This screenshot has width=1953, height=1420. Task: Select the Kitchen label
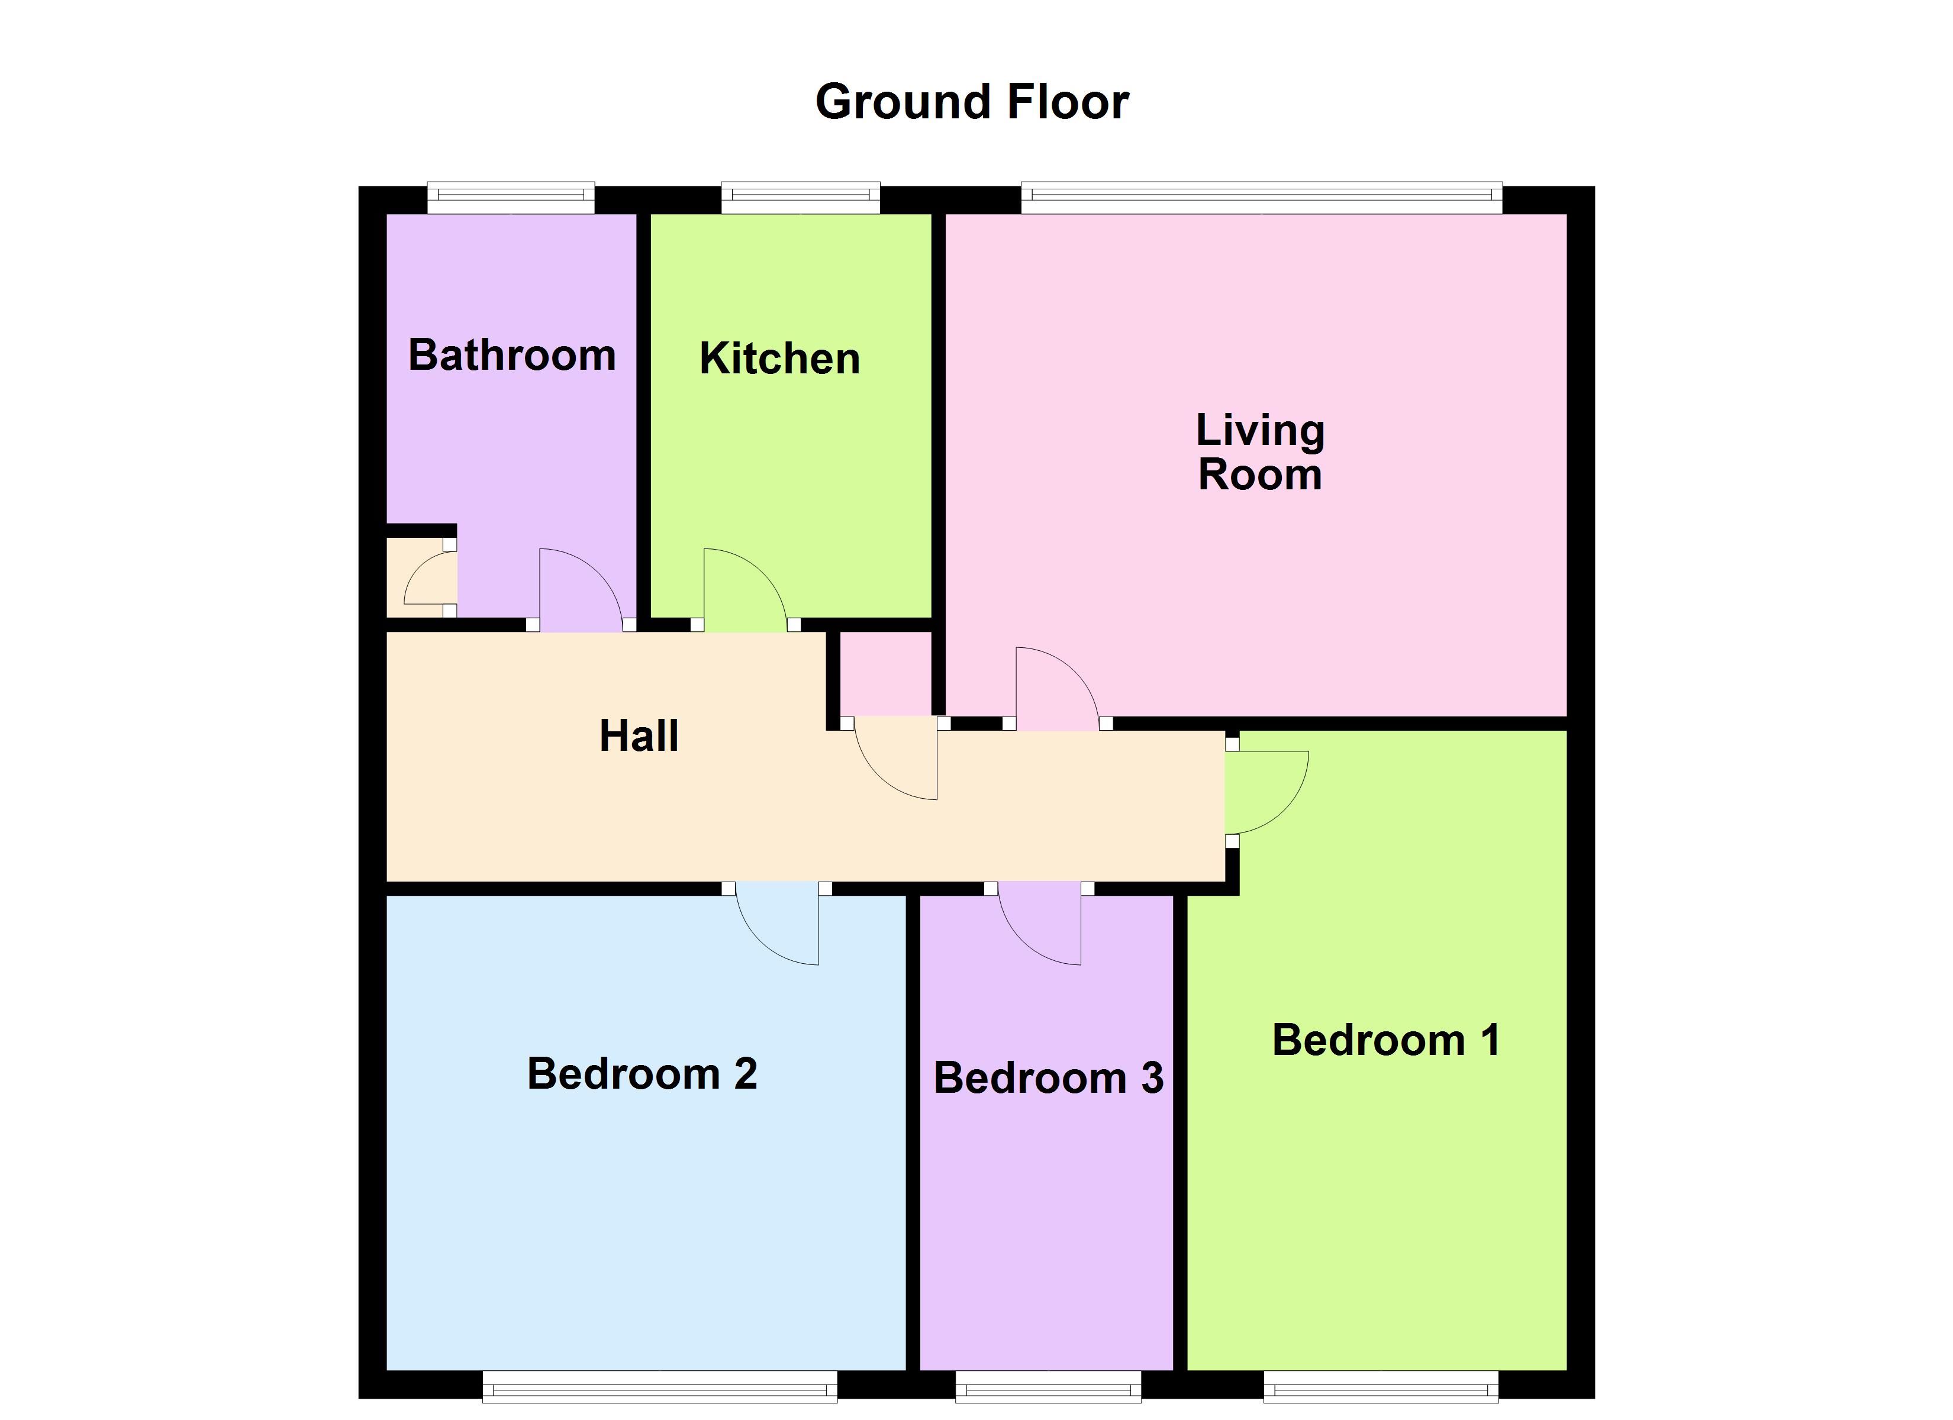click(779, 358)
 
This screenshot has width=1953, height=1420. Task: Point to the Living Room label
click(1260, 452)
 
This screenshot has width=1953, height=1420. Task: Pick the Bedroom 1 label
click(1385, 1040)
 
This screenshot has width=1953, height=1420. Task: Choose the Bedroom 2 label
click(642, 1074)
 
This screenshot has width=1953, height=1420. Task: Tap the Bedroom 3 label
click(1048, 1078)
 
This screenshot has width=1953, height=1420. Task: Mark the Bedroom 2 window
click(660, 1386)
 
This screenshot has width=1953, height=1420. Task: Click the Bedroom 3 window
click(1048, 1386)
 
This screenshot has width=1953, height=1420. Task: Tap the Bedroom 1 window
click(1381, 1386)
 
